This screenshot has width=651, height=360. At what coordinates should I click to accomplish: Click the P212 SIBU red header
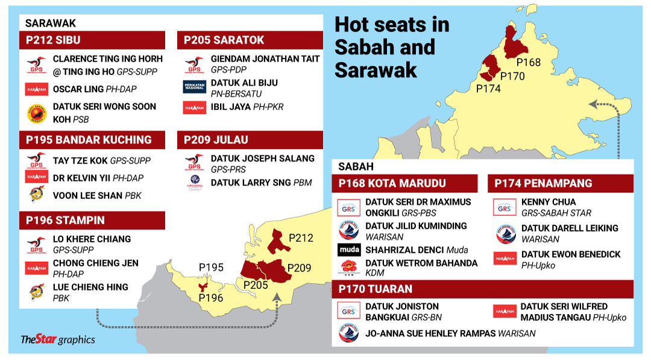(92, 40)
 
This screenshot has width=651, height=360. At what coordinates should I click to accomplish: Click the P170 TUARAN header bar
(482, 289)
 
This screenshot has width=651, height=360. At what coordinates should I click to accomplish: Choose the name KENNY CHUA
(549, 202)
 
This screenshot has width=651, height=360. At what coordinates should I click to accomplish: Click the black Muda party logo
(349, 250)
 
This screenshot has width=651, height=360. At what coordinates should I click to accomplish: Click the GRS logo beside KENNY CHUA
(505, 207)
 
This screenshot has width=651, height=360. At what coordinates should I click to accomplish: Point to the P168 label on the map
(529, 63)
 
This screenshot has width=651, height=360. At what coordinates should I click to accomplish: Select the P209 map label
(300, 267)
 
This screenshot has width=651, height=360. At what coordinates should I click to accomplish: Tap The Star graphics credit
(58, 339)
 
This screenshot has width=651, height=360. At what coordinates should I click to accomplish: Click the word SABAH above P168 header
(356, 166)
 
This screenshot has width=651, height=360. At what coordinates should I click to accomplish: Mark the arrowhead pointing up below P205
(277, 296)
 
